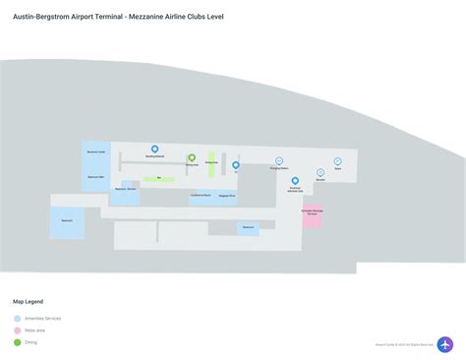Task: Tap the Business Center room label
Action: [x=95, y=153]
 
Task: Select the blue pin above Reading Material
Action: [x=154, y=150]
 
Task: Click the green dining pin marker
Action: [x=192, y=157]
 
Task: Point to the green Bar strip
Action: [x=159, y=179]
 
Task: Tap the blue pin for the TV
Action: [x=236, y=165]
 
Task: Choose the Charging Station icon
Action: [x=279, y=160]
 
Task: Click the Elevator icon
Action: [x=320, y=173]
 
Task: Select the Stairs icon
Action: [x=337, y=160]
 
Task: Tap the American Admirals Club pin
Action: [x=295, y=181]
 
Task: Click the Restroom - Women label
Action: [x=125, y=188]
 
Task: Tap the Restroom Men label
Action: [x=95, y=177]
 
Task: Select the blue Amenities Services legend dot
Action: [x=17, y=319]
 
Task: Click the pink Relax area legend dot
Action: [x=17, y=330]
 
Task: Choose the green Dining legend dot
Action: [x=17, y=342]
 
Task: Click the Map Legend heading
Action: [x=28, y=301]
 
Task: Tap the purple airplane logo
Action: [x=445, y=344]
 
